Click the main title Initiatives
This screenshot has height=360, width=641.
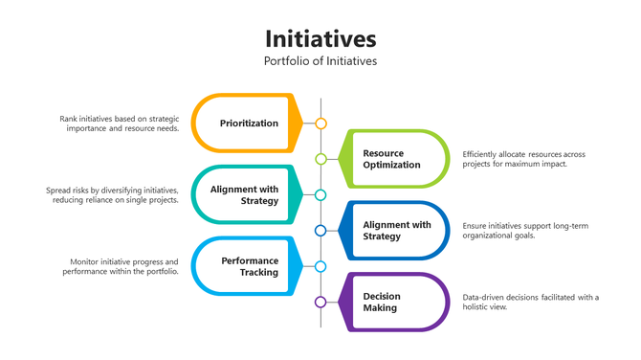click(x=320, y=38)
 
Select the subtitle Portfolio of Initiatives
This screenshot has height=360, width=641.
click(x=320, y=61)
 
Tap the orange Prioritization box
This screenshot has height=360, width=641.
click(x=247, y=124)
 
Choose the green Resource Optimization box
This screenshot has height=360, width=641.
click(x=392, y=159)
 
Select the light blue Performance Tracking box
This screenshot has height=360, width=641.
click(x=247, y=266)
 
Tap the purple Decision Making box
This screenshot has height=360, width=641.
click(x=392, y=303)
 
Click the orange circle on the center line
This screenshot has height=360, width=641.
click(x=320, y=124)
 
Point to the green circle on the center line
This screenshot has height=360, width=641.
click(x=320, y=159)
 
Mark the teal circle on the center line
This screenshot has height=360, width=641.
click(x=320, y=195)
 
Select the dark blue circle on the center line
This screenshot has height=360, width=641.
click(x=320, y=231)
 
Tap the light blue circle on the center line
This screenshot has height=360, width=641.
click(x=320, y=266)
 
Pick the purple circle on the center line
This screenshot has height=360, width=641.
click(x=320, y=303)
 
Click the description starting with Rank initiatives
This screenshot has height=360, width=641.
click(x=119, y=124)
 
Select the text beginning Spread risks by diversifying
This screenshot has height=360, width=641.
click(x=112, y=195)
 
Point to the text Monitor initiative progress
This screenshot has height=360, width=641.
click(x=123, y=266)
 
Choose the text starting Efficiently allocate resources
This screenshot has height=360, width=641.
click(x=523, y=159)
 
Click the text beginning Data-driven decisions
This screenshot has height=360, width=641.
click(x=529, y=303)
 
